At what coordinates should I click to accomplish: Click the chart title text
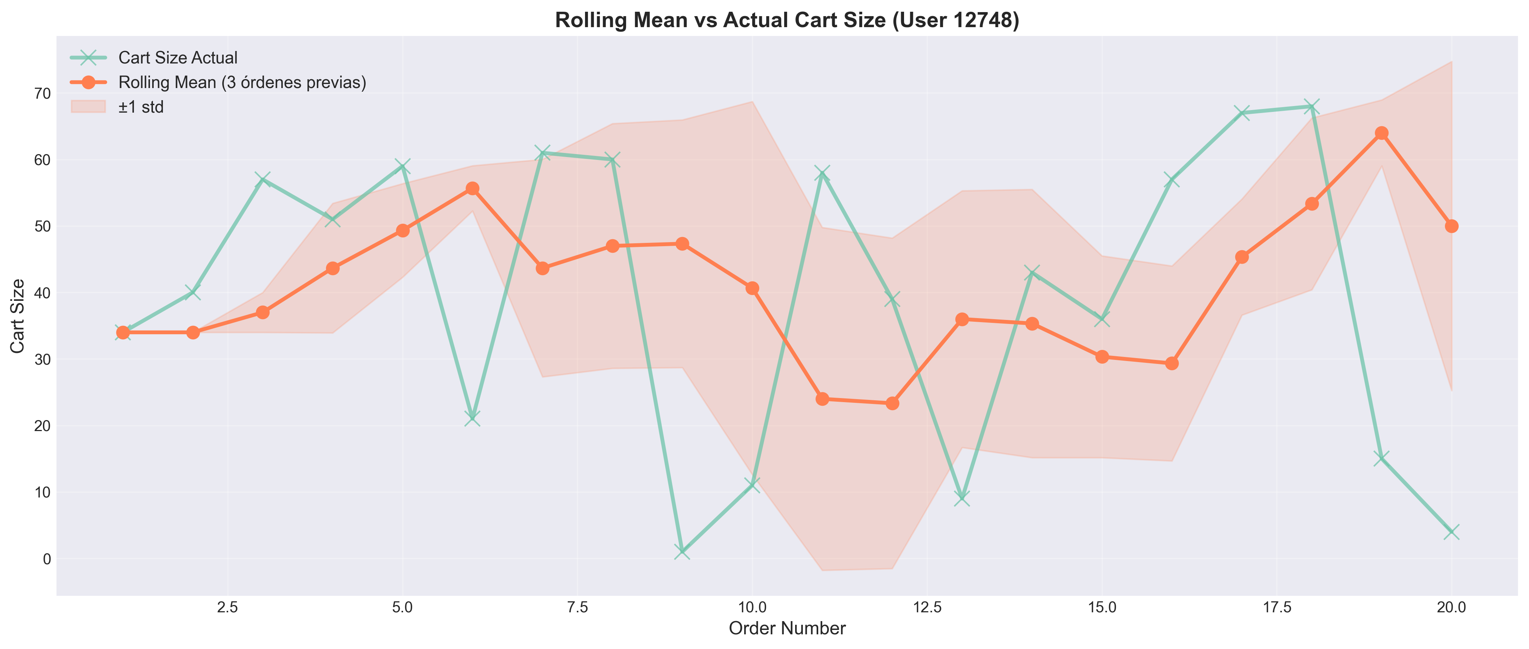tap(787, 20)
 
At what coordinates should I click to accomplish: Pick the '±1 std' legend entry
tap(141, 107)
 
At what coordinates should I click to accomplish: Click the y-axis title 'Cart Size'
tap(18, 316)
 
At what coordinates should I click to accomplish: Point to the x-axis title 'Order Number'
tap(787, 628)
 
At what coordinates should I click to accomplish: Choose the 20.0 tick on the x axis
tap(1451, 608)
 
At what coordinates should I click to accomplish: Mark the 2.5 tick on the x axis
tap(228, 608)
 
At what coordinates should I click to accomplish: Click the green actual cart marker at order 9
tap(682, 552)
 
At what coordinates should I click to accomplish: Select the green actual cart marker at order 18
tap(1312, 107)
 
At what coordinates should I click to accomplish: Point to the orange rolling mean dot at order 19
tap(1381, 133)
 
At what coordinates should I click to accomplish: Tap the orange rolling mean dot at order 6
tap(472, 188)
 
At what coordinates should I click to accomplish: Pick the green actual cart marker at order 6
tap(472, 419)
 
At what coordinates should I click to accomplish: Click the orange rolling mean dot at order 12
tap(892, 403)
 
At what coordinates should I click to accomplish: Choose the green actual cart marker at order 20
tap(1451, 532)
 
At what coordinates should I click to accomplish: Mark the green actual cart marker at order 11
tap(822, 174)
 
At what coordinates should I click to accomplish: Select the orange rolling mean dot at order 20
tap(1451, 226)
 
